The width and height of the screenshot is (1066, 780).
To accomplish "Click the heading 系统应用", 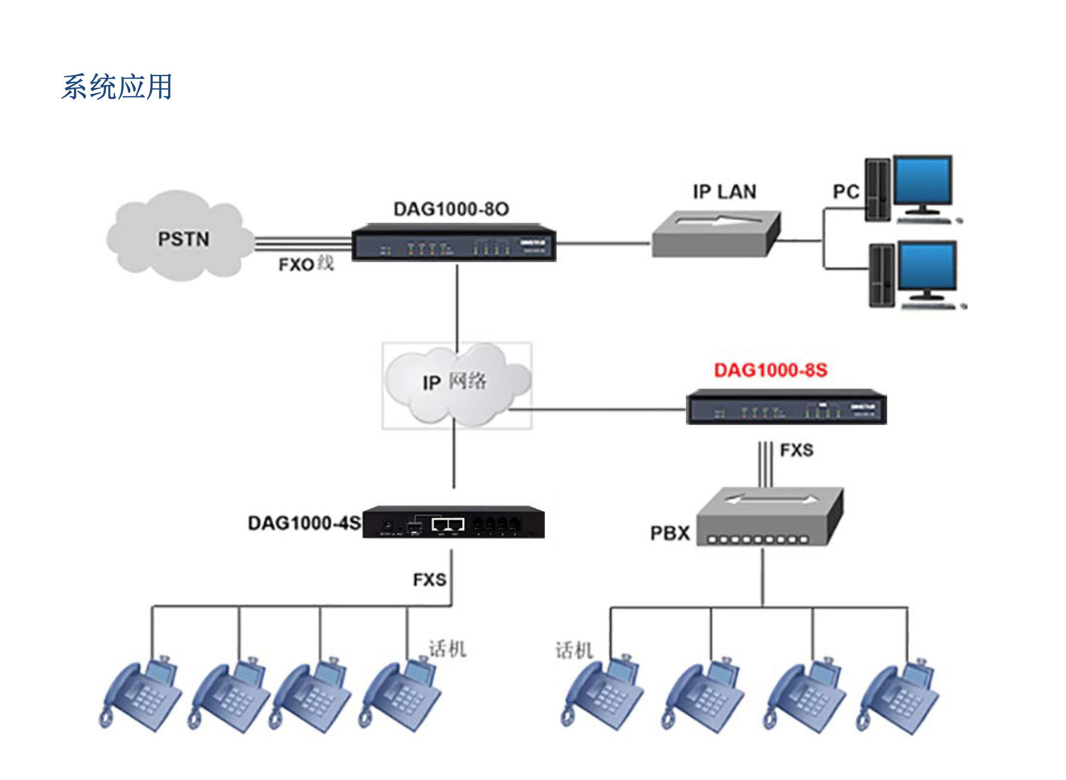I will pyautogui.click(x=117, y=87).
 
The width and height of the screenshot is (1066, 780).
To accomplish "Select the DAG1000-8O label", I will pyautogui.click(x=451, y=209).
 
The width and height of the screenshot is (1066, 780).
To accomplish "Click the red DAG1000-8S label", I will pyautogui.click(x=770, y=370).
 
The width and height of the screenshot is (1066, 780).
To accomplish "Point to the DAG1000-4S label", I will pyautogui.click(x=304, y=523).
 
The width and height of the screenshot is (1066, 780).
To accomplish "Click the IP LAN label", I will pyautogui.click(x=724, y=192).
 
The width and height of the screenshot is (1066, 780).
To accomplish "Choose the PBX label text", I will pyautogui.click(x=670, y=534).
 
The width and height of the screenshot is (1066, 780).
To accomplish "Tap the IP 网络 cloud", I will pyautogui.click(x=455, y=383).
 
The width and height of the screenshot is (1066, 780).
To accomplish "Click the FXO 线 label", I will pyautogui.click(x=306, y=264).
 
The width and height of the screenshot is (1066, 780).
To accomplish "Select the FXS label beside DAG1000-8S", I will pyautogui.click(x=796, y=450).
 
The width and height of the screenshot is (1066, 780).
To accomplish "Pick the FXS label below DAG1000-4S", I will pyautogui.click(x=429, y=580).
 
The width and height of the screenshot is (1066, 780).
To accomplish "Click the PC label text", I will pyautogui.click(x=846, y=192).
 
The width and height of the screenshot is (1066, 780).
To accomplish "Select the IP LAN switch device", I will pyautogui.click(x=716, y=234).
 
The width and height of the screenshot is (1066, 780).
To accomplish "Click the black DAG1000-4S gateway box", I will pyautogui.click(x=453, y=522).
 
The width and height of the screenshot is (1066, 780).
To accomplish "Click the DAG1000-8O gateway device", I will pyautogui.click(x=454, y=243).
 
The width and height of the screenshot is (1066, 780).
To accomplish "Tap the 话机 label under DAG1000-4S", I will pyautogui.click(x=447, y=649).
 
